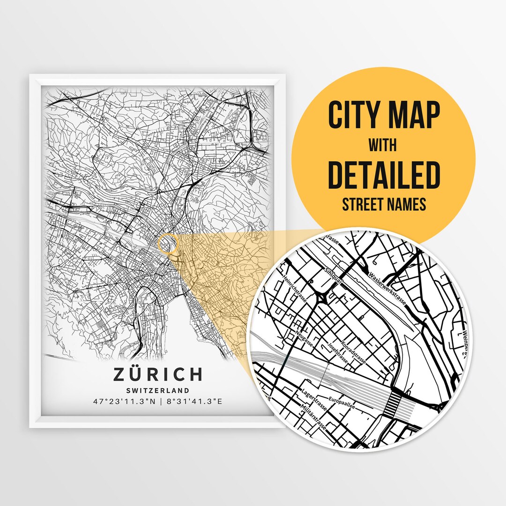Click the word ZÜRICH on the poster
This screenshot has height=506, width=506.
[x=157, y=374]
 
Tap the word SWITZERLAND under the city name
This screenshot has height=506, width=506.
[x=157, y=390]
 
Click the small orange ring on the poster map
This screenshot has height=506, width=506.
[x=168, y=244]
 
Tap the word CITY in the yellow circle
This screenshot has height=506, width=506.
[x=355, y=115]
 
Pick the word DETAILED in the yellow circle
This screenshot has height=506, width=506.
[x=384, y=174]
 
